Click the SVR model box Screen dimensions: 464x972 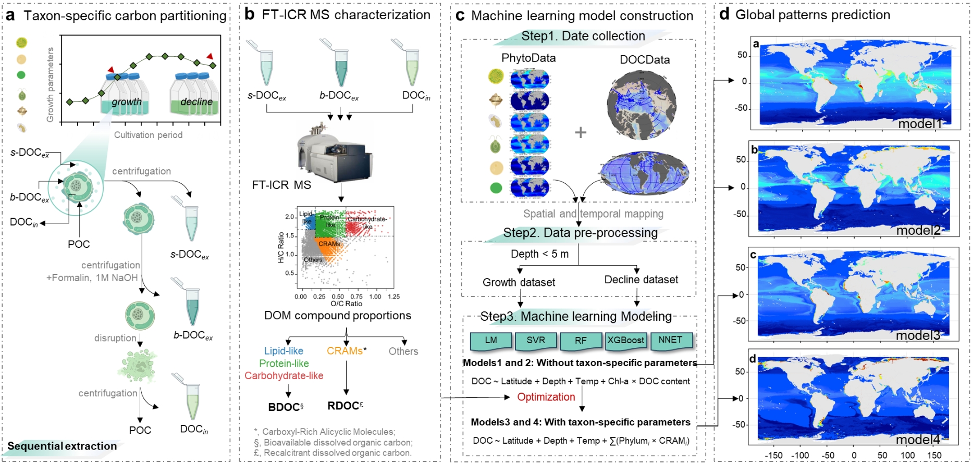(x=535, y=341)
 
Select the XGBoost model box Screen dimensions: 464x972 (x=625, y=341)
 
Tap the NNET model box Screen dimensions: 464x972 (x=670, y=340)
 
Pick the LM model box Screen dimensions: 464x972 (x=491, y=341)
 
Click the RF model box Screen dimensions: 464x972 (x=581, y=341)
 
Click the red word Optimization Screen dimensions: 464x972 (x=546, y=397)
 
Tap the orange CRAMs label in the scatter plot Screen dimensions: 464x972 (x=329, y=244)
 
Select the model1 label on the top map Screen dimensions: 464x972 (x=920, y=124)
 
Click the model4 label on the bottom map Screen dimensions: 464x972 (x=918, y=440)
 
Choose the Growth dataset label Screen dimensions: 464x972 (x=519, y=282)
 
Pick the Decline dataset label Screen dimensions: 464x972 (x=641, y=280)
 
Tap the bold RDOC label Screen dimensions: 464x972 (x=344, y=406)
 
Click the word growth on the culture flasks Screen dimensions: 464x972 (x=127, y=102)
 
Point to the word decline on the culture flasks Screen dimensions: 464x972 (x=196, y=102)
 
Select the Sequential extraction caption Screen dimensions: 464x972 (x=62, y=446)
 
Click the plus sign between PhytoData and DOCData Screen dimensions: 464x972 (x=581, y=132)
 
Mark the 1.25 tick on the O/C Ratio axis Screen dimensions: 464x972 (x=393, y=297)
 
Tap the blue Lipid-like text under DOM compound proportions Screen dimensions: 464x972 (x=284, y=351)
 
